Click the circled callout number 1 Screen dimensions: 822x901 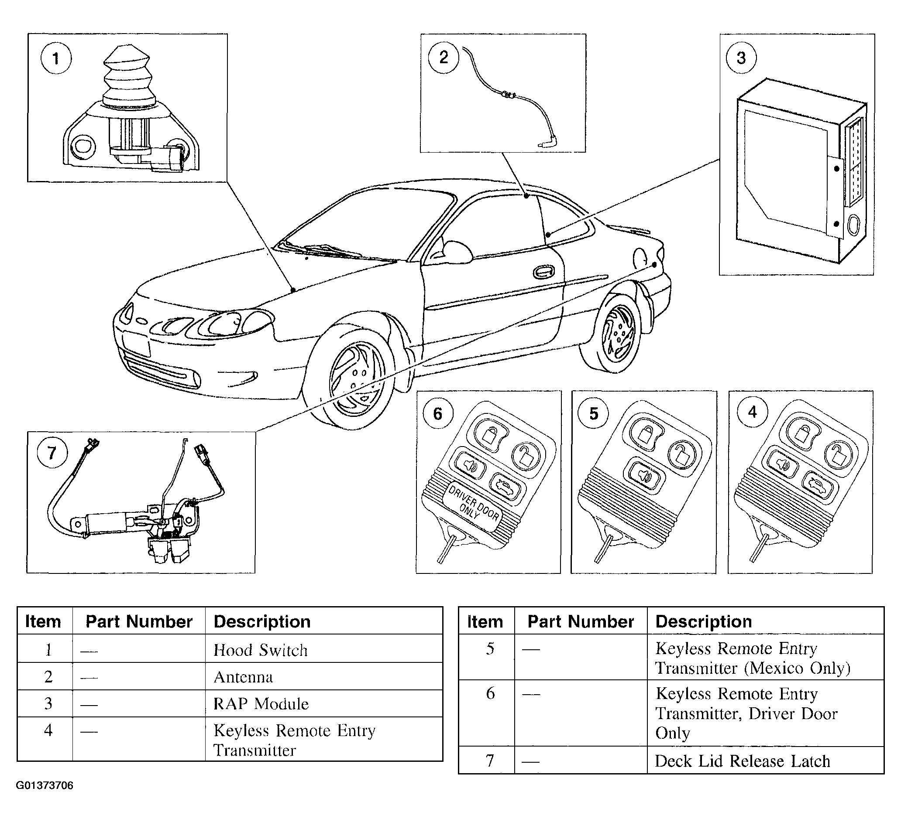(56, 58)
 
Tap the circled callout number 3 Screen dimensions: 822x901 (741, 58)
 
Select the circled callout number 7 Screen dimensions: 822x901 (52, 453)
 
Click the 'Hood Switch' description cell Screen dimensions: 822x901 (261, 650)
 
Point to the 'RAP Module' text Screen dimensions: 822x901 (261, 704)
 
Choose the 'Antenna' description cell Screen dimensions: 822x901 (243, 677)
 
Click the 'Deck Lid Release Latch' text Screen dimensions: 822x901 (743, 761)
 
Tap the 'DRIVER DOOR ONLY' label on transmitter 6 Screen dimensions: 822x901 (473, 508)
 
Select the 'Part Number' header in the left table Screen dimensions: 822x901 (138, 621)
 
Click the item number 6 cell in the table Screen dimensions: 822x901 (490, 693)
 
